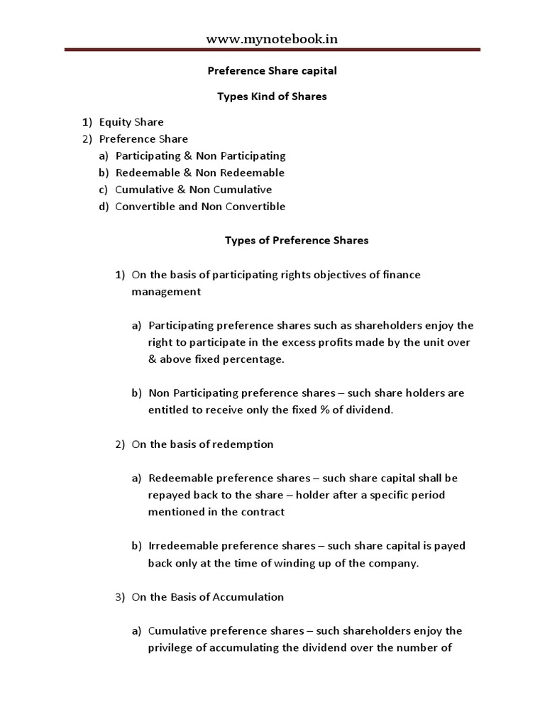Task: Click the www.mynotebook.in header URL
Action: click(x=272, y=39)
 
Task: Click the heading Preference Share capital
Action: click(x=272, y=71)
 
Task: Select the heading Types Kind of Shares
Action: click(x=272, y=97)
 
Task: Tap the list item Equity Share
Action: click(x=131, y=122)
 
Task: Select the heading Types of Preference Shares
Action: click(x=297, y=240)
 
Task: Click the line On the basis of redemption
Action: click(x=202, y=444)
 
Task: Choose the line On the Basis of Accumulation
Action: click(x=207, y=597)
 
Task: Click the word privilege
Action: click(x=171, y=647)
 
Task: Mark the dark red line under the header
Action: click(x=272, y=50)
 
